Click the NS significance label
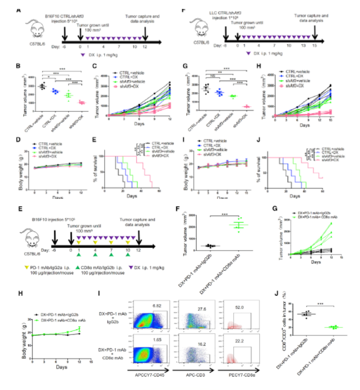tap(204, 75)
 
